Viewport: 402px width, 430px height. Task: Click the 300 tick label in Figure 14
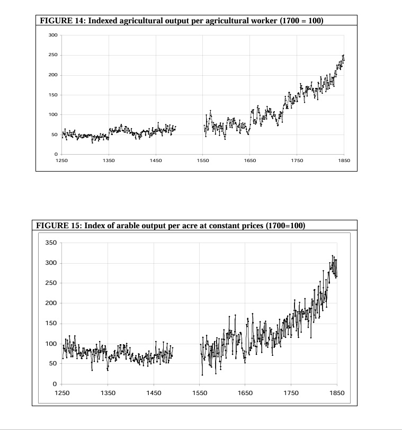pyautogui.click(x=53, y=35)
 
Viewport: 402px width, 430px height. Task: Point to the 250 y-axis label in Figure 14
pyautogui.click(x=53, y=55)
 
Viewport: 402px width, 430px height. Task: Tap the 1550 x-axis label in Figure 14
pyautogui.click(x=203, y=159)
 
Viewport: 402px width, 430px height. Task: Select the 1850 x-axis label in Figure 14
pyautogui.click(x=344, y=159)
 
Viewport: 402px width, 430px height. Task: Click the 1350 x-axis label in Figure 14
pyautogui.click(x=109, y=159)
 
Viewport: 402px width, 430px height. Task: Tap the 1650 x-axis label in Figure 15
pyautogui.click(x=245, y=393)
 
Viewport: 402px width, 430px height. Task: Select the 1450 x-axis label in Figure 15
pyautogui.click(x=154, y=393)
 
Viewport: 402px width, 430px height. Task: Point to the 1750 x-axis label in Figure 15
pyautogui.click(x=291, y=393)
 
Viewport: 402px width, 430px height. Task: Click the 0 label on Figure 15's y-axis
pyautogui.click(x=55, y=384)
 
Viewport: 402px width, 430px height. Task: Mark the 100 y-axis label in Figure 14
pyautogui.click(x=53, y=115)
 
